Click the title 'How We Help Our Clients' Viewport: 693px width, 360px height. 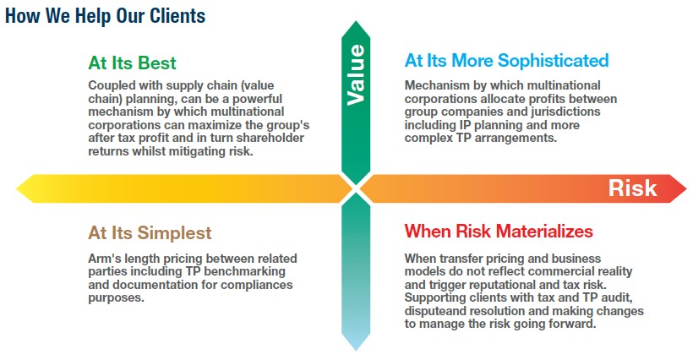click(x=105, y=15)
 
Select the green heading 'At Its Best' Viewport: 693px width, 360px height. click(x=132, y=63)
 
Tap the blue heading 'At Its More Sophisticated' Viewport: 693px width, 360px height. click(x=506, y=61)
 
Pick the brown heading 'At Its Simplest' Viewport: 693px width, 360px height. click(x=150, y=232)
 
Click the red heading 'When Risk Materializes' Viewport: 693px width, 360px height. click(x=499, y=231)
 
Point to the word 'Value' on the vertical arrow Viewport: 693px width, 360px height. click(x=356, y=74)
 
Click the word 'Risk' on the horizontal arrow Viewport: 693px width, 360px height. click(x=632, y=188)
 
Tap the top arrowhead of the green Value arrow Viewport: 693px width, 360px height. click(x=356, y=22)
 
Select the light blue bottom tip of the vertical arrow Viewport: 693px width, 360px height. click(x=356, y=350)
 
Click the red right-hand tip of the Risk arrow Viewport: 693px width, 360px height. click(x=685, y=188)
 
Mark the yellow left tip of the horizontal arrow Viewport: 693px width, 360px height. click(x=17, y=188)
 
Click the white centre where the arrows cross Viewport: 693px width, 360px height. click(x=356, y=188)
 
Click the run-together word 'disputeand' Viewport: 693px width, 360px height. click(x=435, y=311)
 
